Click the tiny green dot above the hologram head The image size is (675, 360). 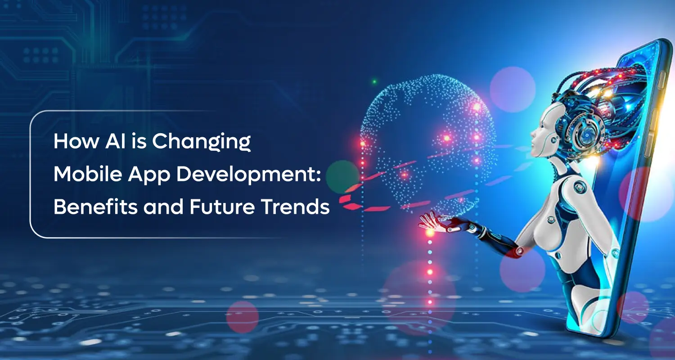[374, 81]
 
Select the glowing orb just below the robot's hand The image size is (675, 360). [430, 233]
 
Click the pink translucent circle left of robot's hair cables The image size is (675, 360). [513, 90]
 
